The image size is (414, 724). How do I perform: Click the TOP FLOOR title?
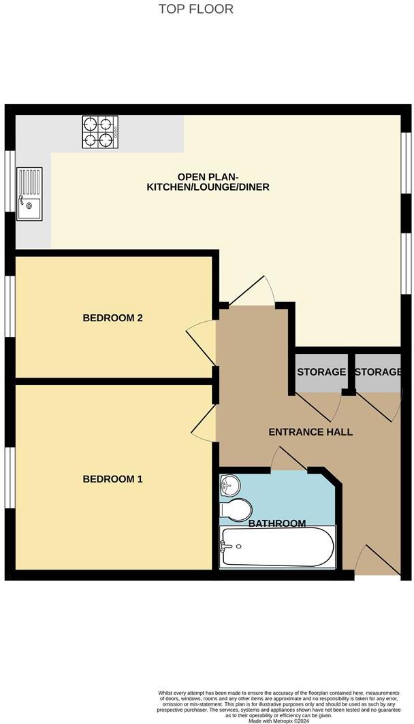tap(196, 9)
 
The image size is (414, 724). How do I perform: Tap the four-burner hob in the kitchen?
tap(97, 132)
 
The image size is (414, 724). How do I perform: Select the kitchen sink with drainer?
tap(29, 195)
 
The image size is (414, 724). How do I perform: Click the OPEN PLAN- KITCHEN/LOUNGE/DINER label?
tap(208, 180)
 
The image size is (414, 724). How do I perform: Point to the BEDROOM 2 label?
tap(112, 318)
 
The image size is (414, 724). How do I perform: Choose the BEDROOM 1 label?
tap(112, 479)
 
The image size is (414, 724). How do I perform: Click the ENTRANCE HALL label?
tap(310, 431)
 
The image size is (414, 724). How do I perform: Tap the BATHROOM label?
tap(276, 523)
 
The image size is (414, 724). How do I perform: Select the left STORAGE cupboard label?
tap(321, 372)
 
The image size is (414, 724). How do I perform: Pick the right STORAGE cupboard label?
tap(377, 372)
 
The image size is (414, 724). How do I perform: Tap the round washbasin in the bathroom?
tap(229, 485)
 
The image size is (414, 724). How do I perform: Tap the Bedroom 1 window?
tap(10, 478)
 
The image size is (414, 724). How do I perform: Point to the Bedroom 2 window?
tap(10, 306)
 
